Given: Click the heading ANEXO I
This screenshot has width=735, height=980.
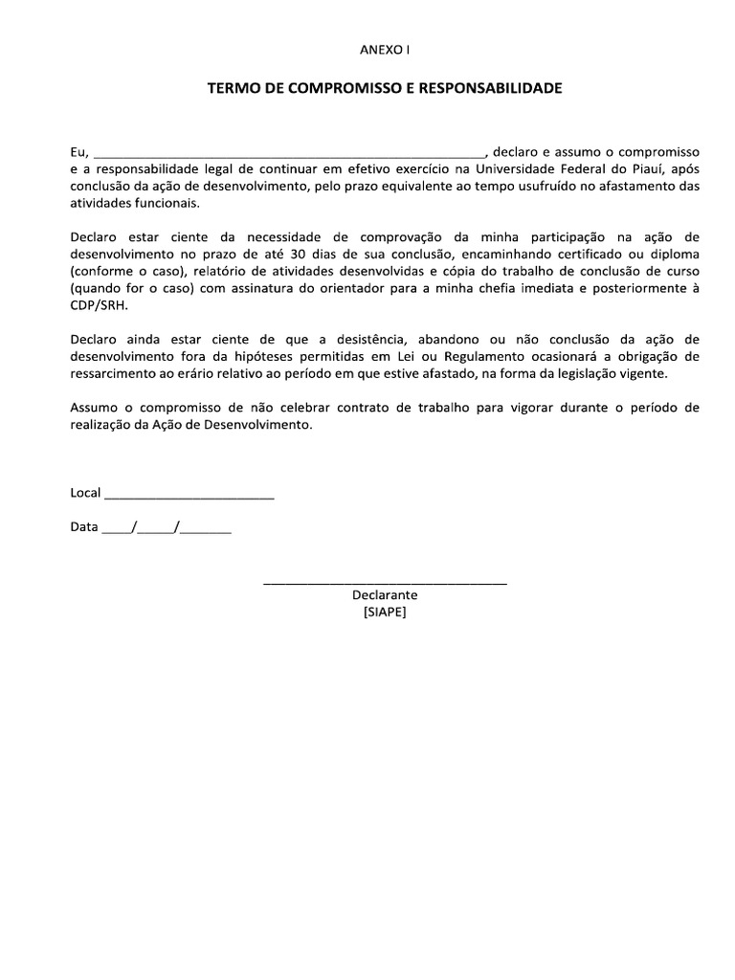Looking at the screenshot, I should coord(384,48).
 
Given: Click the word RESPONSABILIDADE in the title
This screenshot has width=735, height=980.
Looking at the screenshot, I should coord(490,88).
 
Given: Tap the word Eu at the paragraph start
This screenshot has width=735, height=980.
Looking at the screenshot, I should coord(78,152).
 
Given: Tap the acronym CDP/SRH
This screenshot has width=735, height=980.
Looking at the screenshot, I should coord(99,306).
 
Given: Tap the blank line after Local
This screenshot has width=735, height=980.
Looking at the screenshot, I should coord(189,495).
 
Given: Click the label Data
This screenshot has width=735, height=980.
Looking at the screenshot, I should coord(84,527).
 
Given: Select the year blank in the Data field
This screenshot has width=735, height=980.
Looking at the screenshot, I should coord(206,529).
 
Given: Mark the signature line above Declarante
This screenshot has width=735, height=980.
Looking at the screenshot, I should coord(385,582).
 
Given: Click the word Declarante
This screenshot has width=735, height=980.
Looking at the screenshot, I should coord(385,595).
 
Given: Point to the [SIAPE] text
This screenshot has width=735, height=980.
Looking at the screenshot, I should coord(385,612).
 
